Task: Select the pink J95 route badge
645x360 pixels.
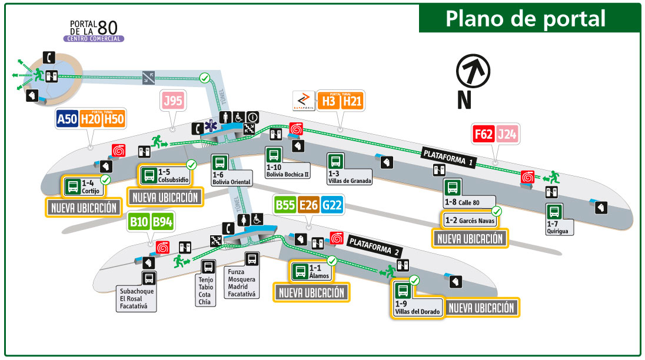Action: tap(173, 101)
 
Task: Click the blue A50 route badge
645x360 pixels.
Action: tap(67, 119)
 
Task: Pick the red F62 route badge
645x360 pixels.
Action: tap(483, 135)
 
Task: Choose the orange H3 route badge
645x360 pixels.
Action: tap(328, 101)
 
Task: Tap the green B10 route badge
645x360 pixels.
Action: tap(139, 222)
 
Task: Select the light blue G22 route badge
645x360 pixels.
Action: tap(333, 206)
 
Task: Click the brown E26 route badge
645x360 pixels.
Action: tap(309, 206)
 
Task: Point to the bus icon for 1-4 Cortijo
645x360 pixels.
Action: tap(72, 186)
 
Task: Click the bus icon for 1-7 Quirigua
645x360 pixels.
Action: tap(553, 212)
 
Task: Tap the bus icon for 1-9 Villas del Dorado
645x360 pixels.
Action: tap(403, 291)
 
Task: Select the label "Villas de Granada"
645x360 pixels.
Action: tap(350, 181)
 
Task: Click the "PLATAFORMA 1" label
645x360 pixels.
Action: tap(448, 156)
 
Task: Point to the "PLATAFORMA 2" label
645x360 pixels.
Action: tap(374, 245)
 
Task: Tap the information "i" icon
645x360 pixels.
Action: tap(252, 117)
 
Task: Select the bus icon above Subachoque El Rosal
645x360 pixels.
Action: tap(149, 278)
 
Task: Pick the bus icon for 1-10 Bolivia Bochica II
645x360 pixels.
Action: tap(274, 155)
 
